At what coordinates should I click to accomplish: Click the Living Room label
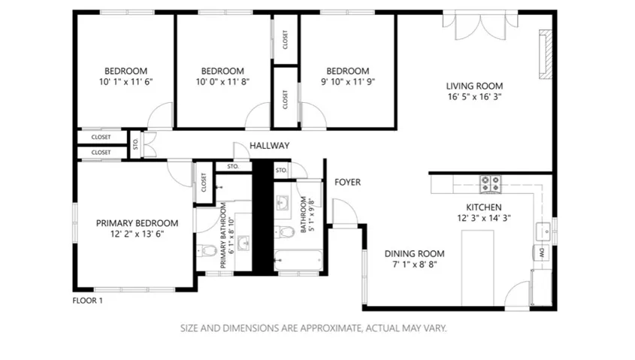pos(474,86)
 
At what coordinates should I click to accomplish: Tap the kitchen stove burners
pos(491,184)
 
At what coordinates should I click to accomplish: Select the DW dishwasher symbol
pos(542,253)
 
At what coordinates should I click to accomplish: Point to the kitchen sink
pos(543,231)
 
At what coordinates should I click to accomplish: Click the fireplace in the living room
pos(545,54)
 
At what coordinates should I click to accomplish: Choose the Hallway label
pos(269,145)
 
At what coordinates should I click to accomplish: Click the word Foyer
pos(347,182)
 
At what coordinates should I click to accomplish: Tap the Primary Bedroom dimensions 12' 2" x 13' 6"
pos(138,234)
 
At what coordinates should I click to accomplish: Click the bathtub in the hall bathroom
pos(299,260)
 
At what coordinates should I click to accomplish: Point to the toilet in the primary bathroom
pos(207,251)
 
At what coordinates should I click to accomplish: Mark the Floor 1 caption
pos(87,301)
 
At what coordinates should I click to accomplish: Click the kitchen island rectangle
pos(478,268)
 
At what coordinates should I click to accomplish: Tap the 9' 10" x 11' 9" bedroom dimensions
pos(348,82)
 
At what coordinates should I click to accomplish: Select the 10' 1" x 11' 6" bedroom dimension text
pos(126,82)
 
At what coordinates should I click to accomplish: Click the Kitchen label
pos(483,207)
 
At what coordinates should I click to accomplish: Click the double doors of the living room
pos(480,26)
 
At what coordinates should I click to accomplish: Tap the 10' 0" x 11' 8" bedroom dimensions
pos(222,82)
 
